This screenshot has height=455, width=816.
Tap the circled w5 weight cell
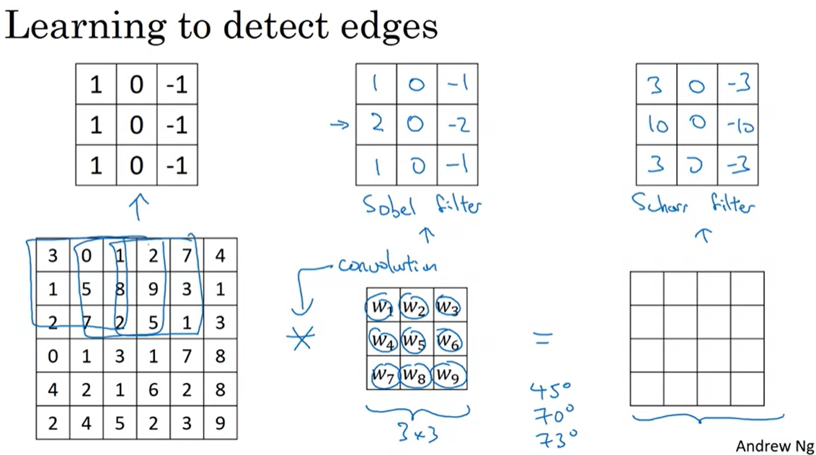(414, 339)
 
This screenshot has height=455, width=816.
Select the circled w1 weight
(380, 308)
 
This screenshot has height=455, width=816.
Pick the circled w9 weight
(448, 375)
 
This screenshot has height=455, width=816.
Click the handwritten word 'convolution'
(387, 266)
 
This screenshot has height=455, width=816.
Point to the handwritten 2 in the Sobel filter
(376, 123)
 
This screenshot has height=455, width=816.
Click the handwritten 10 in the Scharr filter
(655, 125)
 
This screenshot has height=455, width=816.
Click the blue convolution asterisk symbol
(303, 337)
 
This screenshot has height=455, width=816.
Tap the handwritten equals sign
(542, 337)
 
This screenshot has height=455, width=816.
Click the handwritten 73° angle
(554, 436)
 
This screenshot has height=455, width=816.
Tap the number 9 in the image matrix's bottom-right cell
(220, 423)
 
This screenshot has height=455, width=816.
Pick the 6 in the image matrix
(153, 389)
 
